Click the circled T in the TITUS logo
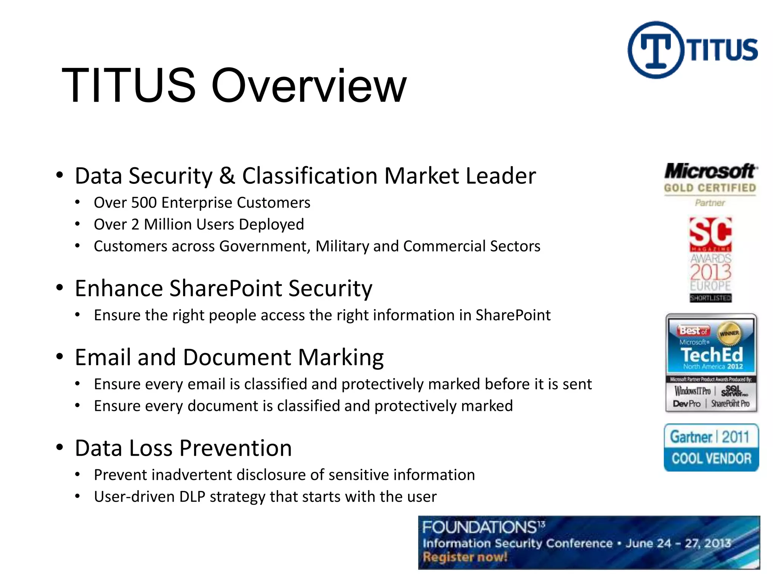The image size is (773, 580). (x=656, y=50)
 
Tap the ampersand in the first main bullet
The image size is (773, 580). (x=227, y=176)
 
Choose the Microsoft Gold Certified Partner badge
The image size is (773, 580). (x=710, y=184)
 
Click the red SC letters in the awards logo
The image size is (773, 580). (x=710, y=232)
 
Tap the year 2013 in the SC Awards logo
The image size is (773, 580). (x=711, y=272)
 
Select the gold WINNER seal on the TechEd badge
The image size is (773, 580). (x=729, y=333)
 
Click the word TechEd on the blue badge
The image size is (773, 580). (x=711, y=355)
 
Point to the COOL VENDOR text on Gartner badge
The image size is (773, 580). (x=711, y=458)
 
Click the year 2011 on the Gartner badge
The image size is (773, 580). (x=735, y=437)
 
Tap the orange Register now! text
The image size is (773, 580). (x=465, y=557)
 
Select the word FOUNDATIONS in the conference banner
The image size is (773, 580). (x=479, y=527)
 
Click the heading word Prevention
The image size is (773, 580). (x=236, y=448)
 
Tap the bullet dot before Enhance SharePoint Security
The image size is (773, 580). (x=60, y=288)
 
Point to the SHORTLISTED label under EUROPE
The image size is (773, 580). (x=711, y=298)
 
